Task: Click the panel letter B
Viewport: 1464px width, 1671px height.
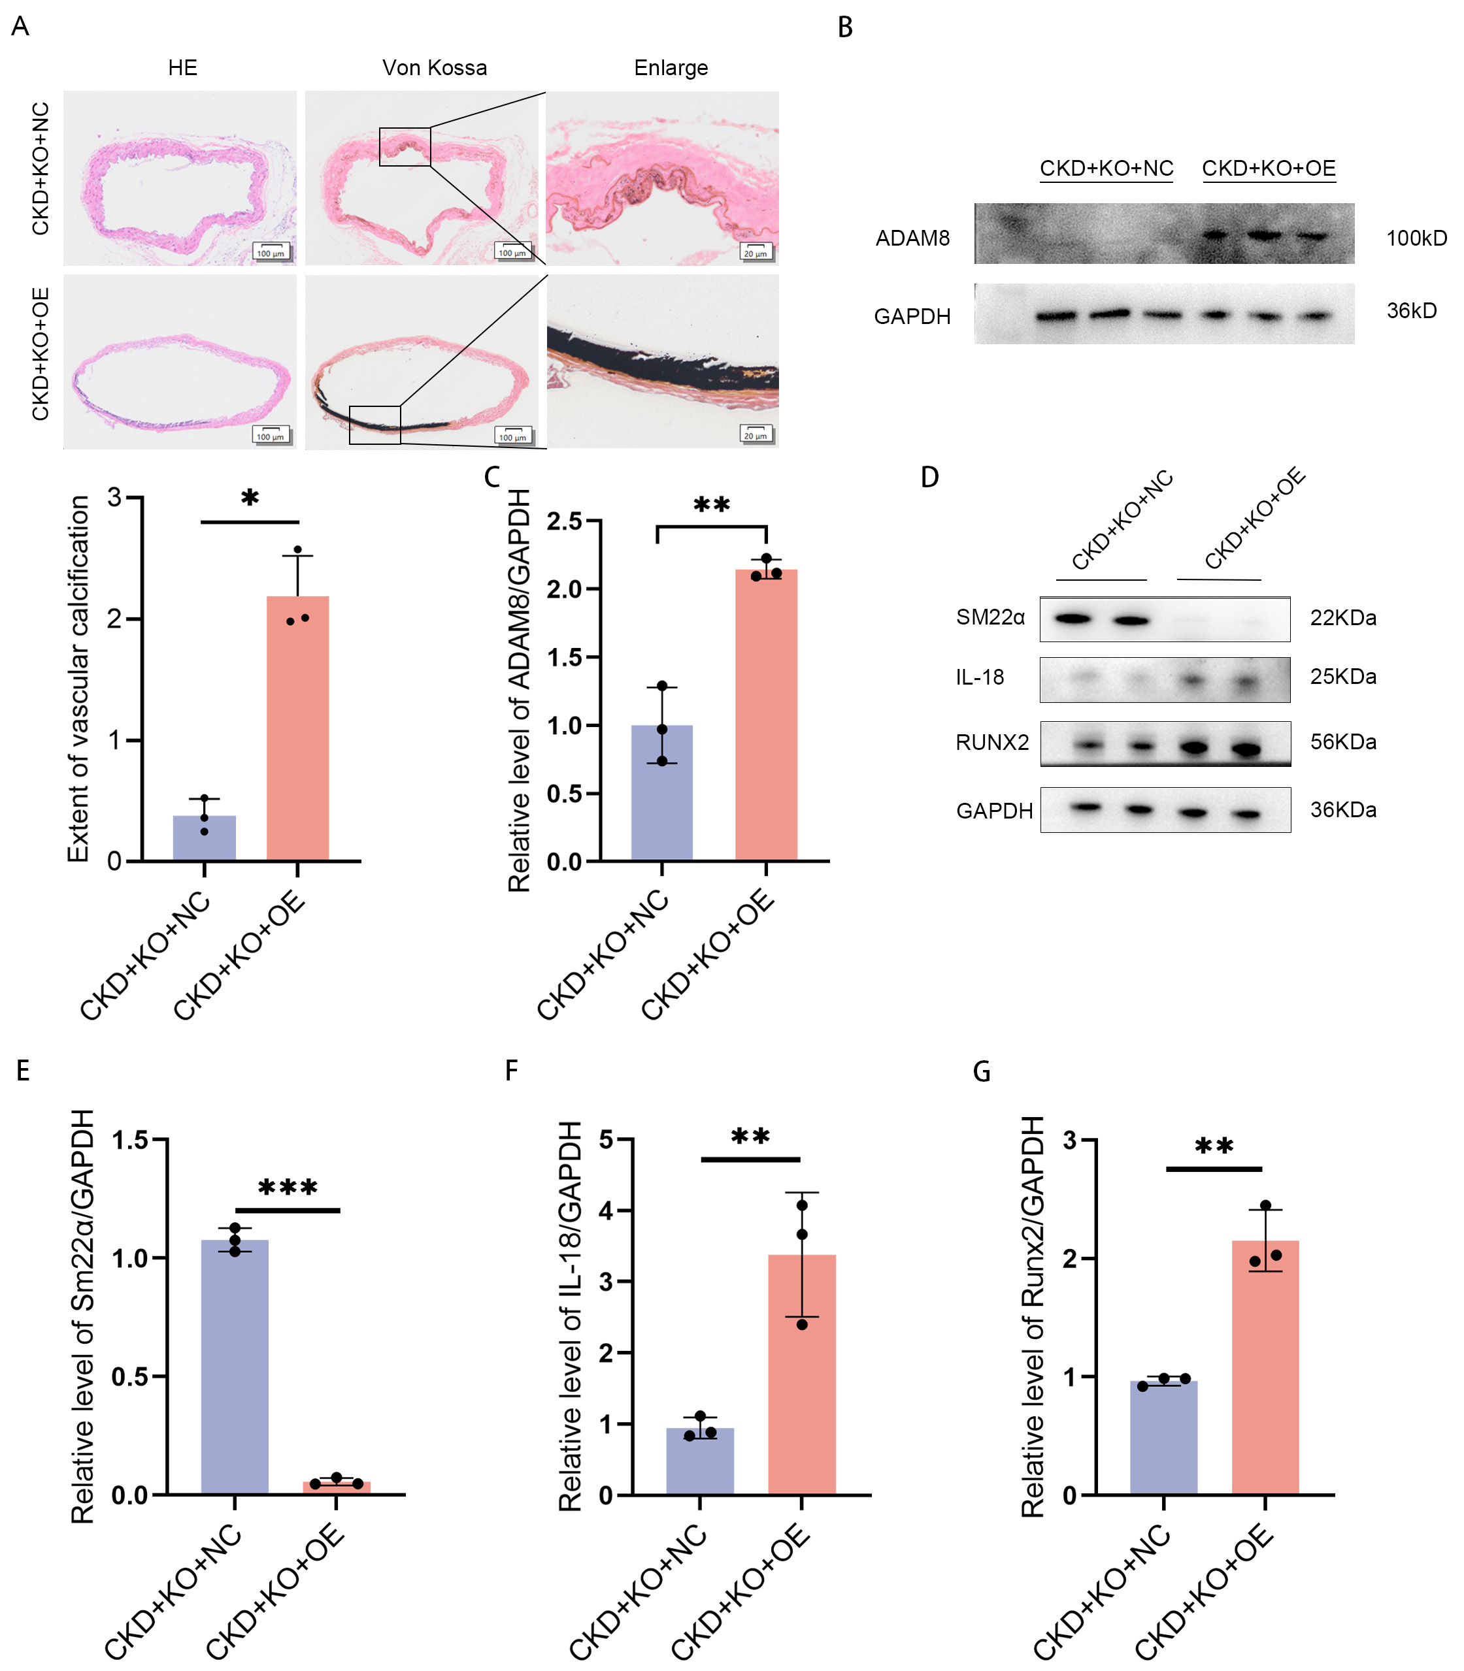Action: [x=846, y=28]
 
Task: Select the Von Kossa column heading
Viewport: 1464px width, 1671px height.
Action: [x=435, y=68]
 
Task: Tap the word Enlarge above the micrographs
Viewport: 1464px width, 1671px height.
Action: [x=671, y=68]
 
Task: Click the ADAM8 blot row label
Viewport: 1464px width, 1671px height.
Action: [x=912, y=238]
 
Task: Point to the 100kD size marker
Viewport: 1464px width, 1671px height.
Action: [x=1416, y=238]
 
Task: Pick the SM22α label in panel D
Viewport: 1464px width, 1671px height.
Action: [x=990, y=617]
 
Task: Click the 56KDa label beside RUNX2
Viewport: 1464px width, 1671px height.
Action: [x=1343, y=741]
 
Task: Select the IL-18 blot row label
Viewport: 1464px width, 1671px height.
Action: [x=980, y=677]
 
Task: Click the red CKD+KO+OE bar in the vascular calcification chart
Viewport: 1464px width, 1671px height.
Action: [x=298, y=727]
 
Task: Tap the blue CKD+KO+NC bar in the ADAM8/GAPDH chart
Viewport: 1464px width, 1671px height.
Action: [x=661, y=792]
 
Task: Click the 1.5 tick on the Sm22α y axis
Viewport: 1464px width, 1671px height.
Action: [x=130, y=1140]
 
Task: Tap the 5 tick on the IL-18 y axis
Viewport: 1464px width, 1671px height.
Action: [x=607, y=1140]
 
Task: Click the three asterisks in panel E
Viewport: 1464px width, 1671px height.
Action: [x=288, y=1188]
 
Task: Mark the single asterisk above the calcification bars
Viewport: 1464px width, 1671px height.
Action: [x=250, y=498]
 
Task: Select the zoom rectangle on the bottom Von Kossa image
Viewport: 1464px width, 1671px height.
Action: [x=375, y=425]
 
